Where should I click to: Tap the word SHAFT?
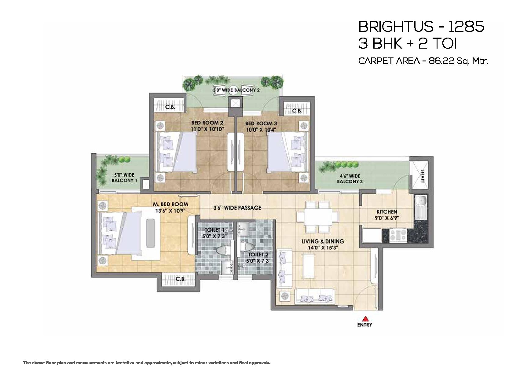pos(422,176)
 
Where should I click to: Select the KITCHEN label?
pos(387,211)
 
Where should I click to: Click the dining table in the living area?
pos(318,217)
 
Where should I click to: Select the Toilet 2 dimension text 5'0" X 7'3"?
pos(258,261)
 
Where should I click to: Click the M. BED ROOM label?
pos(170,204)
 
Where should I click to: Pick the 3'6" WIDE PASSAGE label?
pos(237,208)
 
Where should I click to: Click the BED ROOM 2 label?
pos(207,123)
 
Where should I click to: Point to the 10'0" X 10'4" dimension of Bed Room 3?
pos(261,130)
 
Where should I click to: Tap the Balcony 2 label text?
pos(236,90)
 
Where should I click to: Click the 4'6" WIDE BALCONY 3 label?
pos(350,178)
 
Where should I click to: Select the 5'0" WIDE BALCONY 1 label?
pos(124,178)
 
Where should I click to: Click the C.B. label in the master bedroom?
pos(181,279)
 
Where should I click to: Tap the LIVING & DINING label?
pos(323,241)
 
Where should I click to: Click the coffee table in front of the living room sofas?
pos(309,265)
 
